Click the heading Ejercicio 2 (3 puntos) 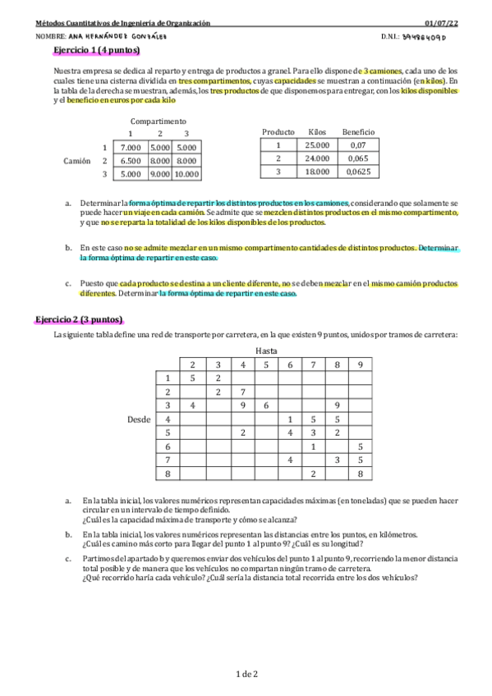[x=79, y=319]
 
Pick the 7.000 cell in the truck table [x=131, y=148]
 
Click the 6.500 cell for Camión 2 [x=131, y=161]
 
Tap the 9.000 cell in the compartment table [x=159, y=174]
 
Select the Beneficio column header [x=358, y=131]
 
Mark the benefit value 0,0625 [x=358, y=172]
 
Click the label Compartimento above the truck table [x=158, y=121]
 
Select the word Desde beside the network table [x=139, y=419]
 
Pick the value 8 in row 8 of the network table [x=361, y=474]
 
